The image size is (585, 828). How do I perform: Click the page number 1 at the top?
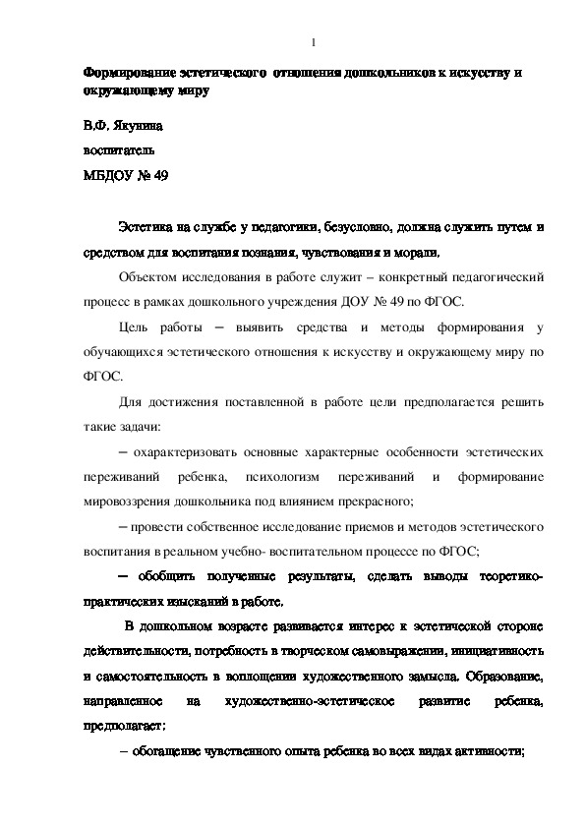click(312, 42)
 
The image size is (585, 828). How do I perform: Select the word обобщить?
click(168, 576)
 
